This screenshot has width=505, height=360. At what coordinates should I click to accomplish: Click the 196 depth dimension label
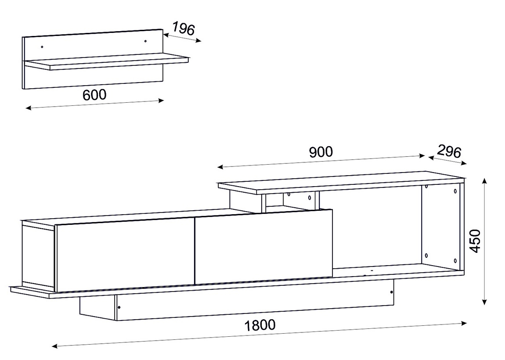pyautogui.click(x=184, y=29)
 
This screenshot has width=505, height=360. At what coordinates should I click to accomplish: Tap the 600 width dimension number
pyautogui.click(x=94, y=95)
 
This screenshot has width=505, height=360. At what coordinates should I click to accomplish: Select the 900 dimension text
pyautogui.click(x=321, y=151)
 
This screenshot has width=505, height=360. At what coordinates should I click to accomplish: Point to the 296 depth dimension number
pyautogui.click(x=449, y=151)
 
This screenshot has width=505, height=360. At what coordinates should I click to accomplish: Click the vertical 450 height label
pyautogui.click(x=476, y=241)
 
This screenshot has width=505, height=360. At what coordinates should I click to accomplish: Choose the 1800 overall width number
pyautogui.click(x=260, y=325)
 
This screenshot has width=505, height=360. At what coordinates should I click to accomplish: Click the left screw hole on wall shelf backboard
pyautogui.click(x=42, y=47)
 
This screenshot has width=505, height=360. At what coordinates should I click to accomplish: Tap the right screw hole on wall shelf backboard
pyautogui.click(x=145, y=41)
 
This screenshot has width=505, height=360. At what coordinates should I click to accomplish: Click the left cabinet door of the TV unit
pyautogui.click(x=125, y=254)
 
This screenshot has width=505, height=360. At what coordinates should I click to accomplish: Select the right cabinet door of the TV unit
pyautogui.click(x=263, y=247)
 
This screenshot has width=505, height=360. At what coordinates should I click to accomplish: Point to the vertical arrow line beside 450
pyautogui.click(x=484, y=241)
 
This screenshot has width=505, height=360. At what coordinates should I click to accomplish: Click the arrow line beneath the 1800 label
pyautogui.click(x=259, y=335)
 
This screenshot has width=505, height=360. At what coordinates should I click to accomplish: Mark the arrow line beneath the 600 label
pyautogui.click(x=95, y=104)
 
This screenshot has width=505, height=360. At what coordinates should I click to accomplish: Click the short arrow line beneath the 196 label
pyautogui.click(x=182, y=37)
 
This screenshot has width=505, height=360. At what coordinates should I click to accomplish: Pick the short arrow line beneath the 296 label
pyautogui.click(x=447, y=160)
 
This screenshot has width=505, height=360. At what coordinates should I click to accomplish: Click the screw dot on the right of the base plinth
pyautogui.click(x=391, y=292)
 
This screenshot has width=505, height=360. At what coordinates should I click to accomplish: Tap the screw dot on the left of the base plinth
pyautogui.click(x=119, y=307)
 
